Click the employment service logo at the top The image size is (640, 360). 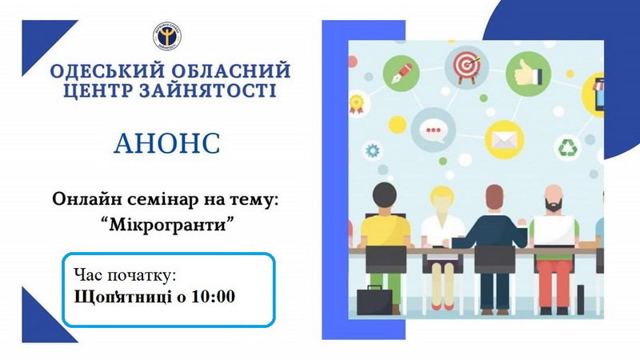(x=167, y=36)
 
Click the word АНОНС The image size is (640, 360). (x=167, y=143)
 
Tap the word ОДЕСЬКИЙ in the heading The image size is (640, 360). (x=108, y=71)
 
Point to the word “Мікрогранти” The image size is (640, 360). (x=167, y=224)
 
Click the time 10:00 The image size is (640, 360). (x=213, y=297)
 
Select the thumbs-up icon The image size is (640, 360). (x=528, y=74)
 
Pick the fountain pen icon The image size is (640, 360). (x=402, y=74)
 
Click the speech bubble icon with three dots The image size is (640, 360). (x=433, y=130)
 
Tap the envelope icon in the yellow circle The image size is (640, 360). (x=505, y=140)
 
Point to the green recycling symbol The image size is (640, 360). (x=567, y=147)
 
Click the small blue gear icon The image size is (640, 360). (x=372, y=150)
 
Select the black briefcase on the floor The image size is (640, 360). (x=374, y=302)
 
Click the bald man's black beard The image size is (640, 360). (x=553, y=205)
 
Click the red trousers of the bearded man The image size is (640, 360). (x=554, y=283)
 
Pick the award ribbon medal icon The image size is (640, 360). (x=356, y=104)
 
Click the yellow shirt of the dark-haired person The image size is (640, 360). (x=385, y=230)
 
